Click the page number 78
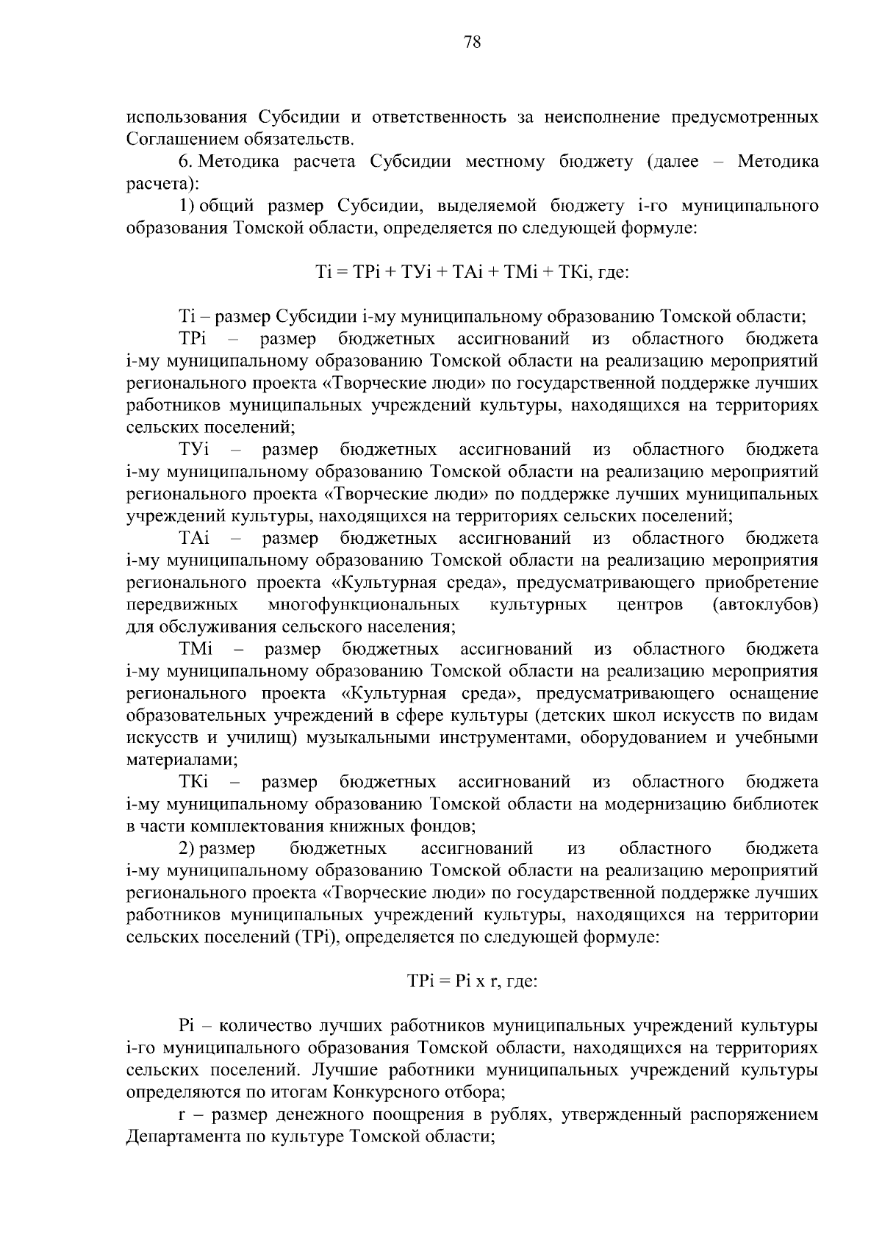(x=473, y=43)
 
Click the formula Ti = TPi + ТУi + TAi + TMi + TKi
(x=470, y=273)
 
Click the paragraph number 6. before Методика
(x=187, y=162)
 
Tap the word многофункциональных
(x=364, y=605)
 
